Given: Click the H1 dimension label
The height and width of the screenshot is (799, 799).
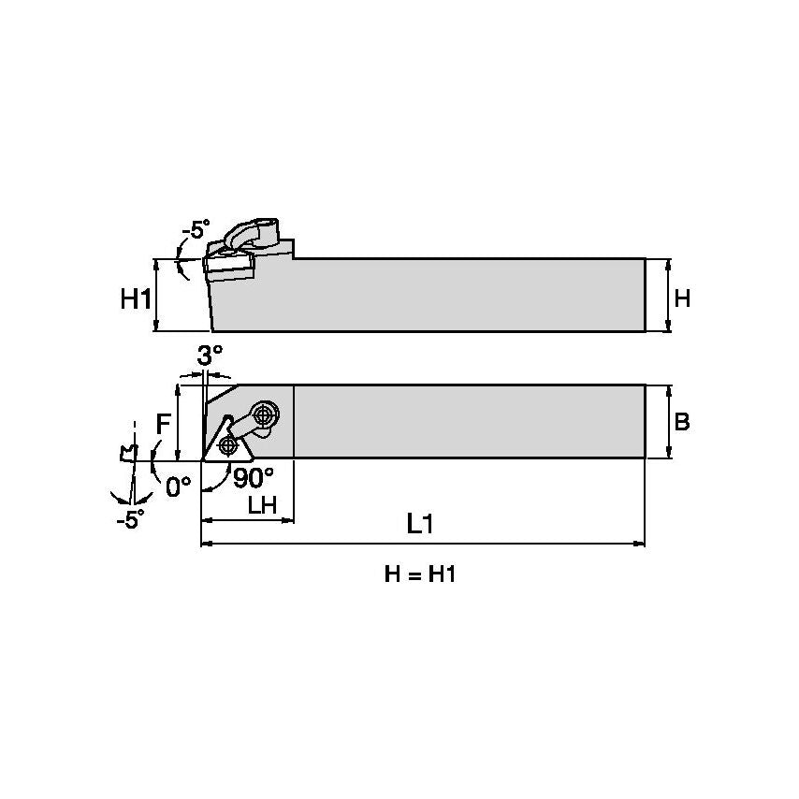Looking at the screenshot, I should [x=136, y=299].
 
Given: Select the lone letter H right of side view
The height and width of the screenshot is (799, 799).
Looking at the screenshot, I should [x=682, y=298].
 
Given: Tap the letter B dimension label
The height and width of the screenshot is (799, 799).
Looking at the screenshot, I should [x=682, y=422].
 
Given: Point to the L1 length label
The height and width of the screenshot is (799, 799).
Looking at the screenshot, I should [x=420, y=524].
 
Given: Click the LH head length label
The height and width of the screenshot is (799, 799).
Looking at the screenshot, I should [x=261, y=505].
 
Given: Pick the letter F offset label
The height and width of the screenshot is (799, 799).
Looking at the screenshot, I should [x=163, y=424].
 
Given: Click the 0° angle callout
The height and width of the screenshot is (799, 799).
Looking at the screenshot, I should [x=178, y=486].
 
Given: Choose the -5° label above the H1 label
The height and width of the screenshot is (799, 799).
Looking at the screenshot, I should [x=196, y=229].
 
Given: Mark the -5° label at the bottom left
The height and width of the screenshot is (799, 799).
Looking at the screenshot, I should [x=130, y=520].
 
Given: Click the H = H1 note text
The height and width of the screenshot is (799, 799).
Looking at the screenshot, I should [x=420, y=574].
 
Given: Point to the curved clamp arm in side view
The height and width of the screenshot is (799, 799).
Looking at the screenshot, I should [x=251, y=231].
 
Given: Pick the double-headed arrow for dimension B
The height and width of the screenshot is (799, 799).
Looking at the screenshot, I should [x=669, y=422].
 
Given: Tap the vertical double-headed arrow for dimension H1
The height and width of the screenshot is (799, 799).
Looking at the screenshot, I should [x=156, y=295].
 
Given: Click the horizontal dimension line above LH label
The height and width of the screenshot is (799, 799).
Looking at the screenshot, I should [x=248, y=519].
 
